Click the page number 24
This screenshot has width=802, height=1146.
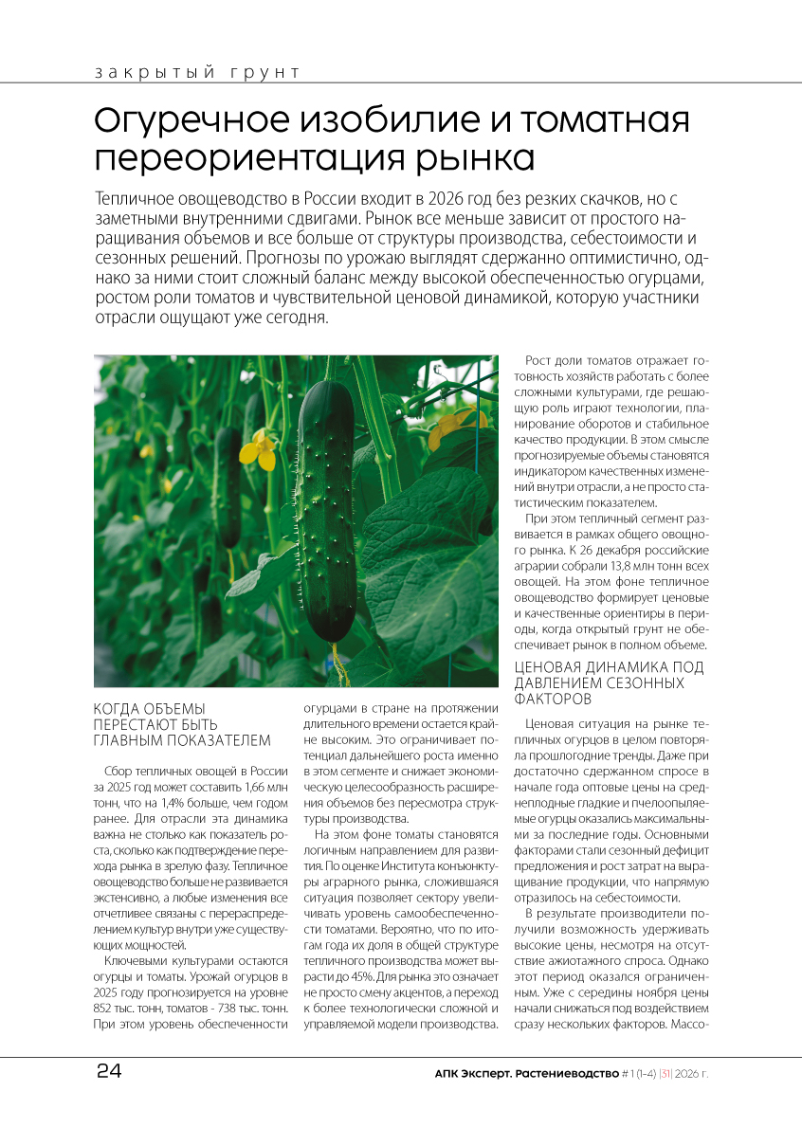[x=108, y=1072]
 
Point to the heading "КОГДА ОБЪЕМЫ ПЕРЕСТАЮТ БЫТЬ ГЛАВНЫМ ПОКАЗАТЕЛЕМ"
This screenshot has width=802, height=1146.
[x=182, y=724]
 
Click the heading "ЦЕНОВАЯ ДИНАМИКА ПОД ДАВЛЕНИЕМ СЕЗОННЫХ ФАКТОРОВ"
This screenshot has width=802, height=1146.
[x=609, y=682]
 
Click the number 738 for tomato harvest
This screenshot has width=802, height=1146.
[x=227, y=1007]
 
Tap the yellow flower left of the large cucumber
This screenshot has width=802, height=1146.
[x=257, y=448]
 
